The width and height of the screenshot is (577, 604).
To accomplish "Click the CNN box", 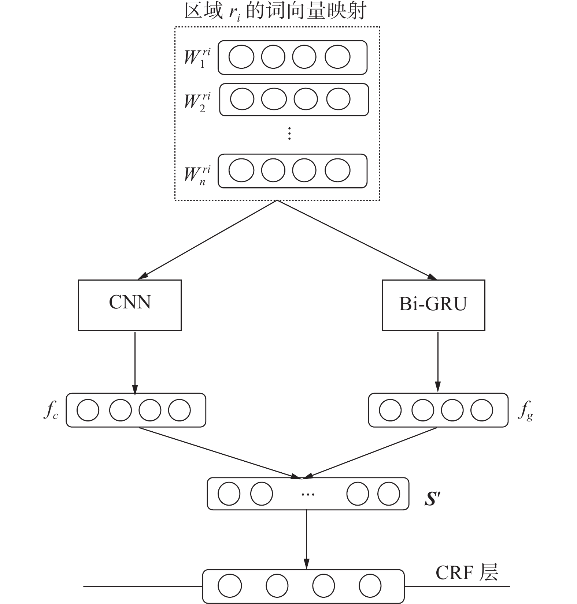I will (x=130, y=305).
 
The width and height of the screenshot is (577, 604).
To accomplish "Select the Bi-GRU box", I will (x=433, y=305).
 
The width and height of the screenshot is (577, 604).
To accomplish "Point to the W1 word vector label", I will (x=197, y=58).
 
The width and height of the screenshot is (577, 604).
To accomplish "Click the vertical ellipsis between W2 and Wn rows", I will (x=289, y=134).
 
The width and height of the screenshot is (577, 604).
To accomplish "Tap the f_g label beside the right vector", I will (x=525, y=411).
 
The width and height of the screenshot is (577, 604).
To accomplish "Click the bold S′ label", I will (x=433, y=499).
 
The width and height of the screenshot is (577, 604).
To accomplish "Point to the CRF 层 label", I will (x=467, y=572).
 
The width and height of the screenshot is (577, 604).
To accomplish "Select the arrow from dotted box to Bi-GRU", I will (x=355, y=239).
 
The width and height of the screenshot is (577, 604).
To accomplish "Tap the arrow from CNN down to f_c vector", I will (x=135, y=362).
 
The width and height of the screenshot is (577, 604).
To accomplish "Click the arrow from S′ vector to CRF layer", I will (x=307, y=539).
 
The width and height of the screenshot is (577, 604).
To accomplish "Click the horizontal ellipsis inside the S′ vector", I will (x=308, y=494).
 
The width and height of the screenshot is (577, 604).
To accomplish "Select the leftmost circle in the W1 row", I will (x=241, y=57).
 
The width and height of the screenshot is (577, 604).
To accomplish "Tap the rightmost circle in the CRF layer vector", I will (x=370, y=586).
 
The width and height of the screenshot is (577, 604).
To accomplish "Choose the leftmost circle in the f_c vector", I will (x=88, y=410).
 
